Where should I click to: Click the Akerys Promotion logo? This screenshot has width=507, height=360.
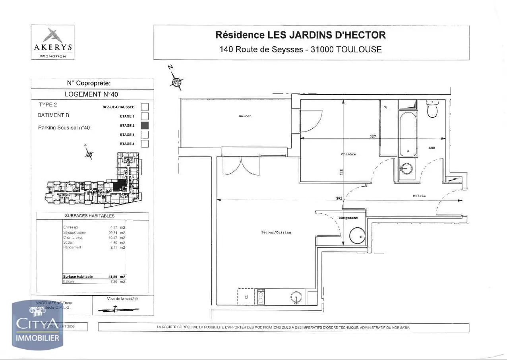[53, 42]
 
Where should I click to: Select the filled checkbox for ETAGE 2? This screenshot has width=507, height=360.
[145, 125]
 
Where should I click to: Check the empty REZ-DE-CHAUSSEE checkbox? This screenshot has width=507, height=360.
[145, 107]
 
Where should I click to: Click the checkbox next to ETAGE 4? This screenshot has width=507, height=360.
[145, 143]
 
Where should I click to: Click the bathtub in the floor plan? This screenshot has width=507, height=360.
[408, 134]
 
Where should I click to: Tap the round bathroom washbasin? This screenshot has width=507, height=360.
[406, 168]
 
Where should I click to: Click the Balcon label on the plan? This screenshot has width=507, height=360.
[245, 116]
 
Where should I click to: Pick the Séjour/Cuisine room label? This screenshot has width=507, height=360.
[276, 232]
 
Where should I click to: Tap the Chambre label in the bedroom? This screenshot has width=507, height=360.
[348, 154]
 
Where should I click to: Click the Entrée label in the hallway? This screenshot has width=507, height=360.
[419, 196]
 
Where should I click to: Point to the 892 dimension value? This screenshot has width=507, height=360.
[339, 198]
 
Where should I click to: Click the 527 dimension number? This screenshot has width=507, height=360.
[373, 136]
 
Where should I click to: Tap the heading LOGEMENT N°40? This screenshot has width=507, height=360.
[91, 94]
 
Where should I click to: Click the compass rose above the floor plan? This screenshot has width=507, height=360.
[176, 82]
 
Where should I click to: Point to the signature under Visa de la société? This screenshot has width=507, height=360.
[118, 309]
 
